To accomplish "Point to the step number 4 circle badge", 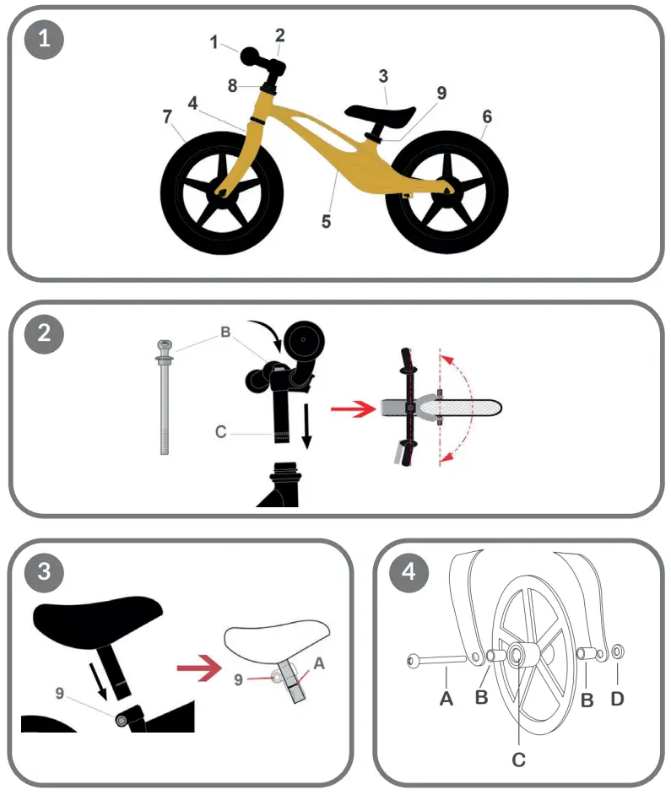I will click(x=409, y=573).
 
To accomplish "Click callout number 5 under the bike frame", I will click(x=326, y=222).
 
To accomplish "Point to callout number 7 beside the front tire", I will click(x=167, y=116).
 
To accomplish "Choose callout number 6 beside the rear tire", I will click(x=487, y=116).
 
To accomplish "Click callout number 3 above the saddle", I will click(x=383, y=76).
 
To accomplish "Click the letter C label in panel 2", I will click(x=221, y=432).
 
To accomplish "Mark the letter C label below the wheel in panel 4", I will click(x=519, y=760).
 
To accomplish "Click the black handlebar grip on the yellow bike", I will click(x=253, y=57).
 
